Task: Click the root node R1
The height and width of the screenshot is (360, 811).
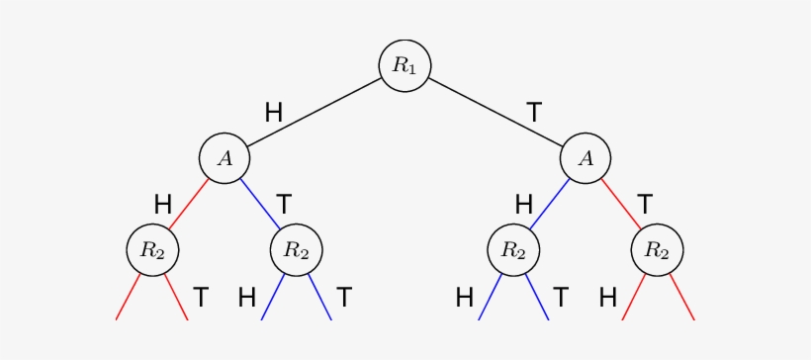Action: tap(405, 65)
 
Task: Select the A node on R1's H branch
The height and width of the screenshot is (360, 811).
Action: tap(224, 157)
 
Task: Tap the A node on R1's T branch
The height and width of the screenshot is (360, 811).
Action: tap(586, 157)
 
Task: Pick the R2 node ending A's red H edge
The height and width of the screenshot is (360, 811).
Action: tap(151, 249)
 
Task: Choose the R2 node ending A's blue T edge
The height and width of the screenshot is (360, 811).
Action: tap(296, 249)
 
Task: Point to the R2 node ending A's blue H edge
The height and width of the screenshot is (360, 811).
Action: tap(513, 249)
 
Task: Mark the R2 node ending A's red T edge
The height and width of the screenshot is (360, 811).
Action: tap(657, 249)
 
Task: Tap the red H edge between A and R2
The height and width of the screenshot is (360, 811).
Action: tap(188, 203)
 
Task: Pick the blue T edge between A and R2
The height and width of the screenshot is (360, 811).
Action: tap(259, 203)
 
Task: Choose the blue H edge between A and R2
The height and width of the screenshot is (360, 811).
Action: tap(550, 203)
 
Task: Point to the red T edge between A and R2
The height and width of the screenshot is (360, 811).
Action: tap(621, 203)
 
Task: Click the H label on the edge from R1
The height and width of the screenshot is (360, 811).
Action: tap(274, 113)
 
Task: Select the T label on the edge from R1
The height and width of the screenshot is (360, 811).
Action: tap(534, 113)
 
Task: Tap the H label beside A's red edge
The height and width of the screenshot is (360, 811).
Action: tap(163, 205)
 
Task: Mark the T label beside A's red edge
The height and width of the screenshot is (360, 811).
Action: tap(645, 205)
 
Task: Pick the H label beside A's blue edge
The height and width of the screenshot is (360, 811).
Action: tap(524, 205)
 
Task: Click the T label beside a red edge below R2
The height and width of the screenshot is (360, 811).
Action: tap(201, 296)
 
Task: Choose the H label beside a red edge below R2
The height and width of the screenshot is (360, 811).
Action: tap(608, 296)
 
